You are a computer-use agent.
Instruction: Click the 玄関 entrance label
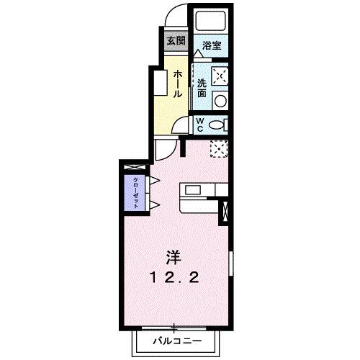pos(175,40)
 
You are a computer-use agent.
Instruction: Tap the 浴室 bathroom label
pos(212,45)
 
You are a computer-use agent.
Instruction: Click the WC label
pos(202,124)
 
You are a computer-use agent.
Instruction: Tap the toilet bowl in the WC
pos(218,125)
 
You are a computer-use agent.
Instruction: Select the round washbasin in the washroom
pos(222,100)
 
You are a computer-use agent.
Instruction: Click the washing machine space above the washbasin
pos(221,75)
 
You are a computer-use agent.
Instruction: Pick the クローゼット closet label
pos(135,192)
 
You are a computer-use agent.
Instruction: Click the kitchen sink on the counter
pos(194,189)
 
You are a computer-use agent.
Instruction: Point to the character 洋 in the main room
pos(174,257)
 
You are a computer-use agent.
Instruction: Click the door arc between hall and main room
pos(164,150)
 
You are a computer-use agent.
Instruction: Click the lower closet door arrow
pos(153,207)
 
